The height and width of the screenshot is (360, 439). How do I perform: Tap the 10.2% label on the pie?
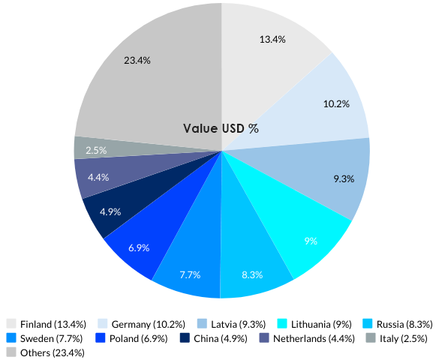coord(336,103)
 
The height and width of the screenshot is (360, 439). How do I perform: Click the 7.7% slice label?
coord(190,274)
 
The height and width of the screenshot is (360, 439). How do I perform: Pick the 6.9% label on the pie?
coord(138,247)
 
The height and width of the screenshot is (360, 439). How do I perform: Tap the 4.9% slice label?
coord(110,211)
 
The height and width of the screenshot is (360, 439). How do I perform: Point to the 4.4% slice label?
coord(98,178)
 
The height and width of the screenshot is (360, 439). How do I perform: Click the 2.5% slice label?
coord(95,150)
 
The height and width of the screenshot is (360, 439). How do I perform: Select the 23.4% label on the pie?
coord(137,60)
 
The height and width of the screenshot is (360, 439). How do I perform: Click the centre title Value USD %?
coord(221,128)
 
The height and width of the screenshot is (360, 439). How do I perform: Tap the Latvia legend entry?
coord(238,324)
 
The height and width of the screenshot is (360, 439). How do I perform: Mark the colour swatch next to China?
coord(185,338)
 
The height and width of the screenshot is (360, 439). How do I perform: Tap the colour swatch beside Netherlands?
coord(264,338)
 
